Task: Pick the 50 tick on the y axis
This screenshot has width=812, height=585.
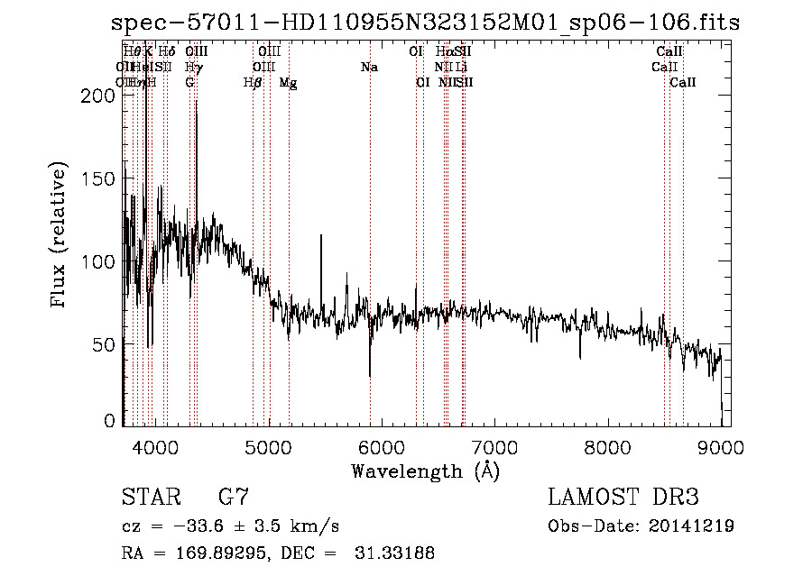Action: pos(111,344)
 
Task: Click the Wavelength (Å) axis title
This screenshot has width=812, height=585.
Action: pos(425,471)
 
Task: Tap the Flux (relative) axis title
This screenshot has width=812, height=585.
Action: pos(60,236)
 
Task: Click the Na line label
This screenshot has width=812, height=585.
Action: pos(368,67)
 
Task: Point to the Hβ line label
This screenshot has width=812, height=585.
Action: pos(253,82)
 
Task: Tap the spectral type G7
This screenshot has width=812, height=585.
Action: pos(234,498)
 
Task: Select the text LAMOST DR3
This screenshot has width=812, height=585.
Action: pos(623,498)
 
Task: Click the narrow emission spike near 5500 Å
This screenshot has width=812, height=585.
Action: pos(321,237)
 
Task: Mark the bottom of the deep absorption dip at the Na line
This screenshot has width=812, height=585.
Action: pos(369,375)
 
